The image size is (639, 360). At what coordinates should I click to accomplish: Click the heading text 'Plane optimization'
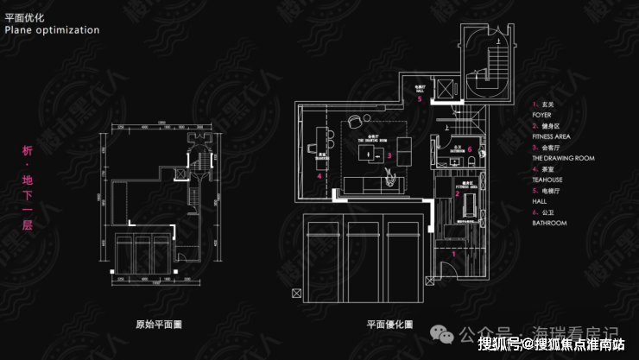(53, 29)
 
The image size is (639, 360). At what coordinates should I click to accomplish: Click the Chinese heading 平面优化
(23, 16)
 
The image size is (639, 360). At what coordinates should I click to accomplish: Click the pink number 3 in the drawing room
(390, 156)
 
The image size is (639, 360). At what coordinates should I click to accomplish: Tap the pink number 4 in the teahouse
(319, 176)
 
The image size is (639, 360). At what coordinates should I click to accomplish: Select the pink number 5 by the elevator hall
(420, 99)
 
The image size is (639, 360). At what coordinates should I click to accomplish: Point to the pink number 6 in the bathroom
(469, 148)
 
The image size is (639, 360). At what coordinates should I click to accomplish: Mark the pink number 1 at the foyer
(455, 254)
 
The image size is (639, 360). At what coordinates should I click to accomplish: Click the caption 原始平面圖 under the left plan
(159, 325)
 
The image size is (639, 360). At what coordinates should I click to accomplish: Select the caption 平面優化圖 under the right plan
(389, 325)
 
